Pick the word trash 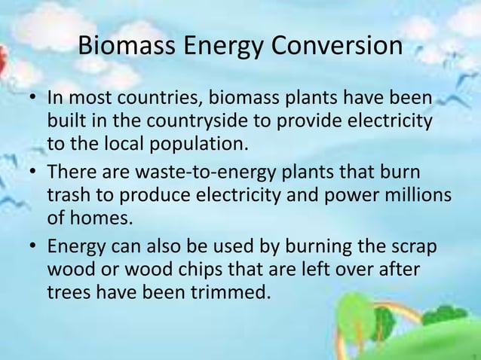(x=68, y=194)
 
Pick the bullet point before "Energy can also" (x=32, y=247)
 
